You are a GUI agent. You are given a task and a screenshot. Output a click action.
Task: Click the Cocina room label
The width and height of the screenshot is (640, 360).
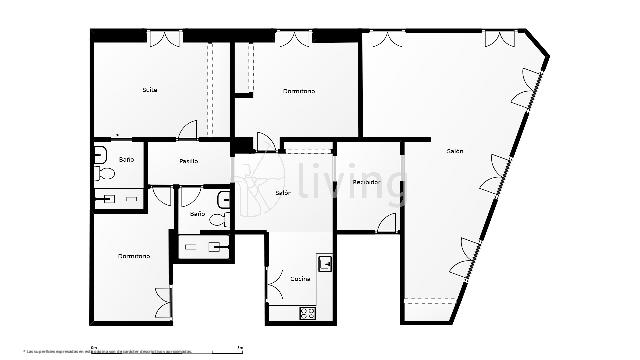point(301,279)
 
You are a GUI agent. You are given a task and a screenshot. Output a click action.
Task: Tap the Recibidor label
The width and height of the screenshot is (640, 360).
point(365,183)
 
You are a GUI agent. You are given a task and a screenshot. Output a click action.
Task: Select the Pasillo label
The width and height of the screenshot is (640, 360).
point(188,161)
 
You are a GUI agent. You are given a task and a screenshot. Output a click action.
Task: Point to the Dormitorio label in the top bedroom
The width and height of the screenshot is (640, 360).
point(299,91)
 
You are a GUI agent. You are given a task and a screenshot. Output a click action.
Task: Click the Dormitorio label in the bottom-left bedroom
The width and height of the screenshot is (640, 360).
point(134,256)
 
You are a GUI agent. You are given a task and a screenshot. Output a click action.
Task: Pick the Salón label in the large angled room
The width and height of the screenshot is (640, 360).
point(455,151)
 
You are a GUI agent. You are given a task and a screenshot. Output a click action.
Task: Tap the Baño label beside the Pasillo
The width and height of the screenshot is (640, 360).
point(126,160)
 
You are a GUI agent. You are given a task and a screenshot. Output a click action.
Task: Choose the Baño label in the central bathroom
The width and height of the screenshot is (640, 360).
point(197,214)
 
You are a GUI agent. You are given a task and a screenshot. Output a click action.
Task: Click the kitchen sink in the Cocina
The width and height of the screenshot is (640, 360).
point(325,264)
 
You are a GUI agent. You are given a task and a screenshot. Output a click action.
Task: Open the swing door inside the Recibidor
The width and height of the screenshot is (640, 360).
point(388,223)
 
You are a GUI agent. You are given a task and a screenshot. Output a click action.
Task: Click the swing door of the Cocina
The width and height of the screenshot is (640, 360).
point(276,285)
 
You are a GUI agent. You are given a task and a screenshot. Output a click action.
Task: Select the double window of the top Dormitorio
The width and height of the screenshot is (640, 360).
point(294,39)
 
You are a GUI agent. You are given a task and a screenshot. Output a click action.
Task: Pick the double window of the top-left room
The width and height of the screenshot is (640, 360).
point(164,38)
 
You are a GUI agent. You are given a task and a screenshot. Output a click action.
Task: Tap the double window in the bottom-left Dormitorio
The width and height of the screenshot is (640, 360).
point(163,300)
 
